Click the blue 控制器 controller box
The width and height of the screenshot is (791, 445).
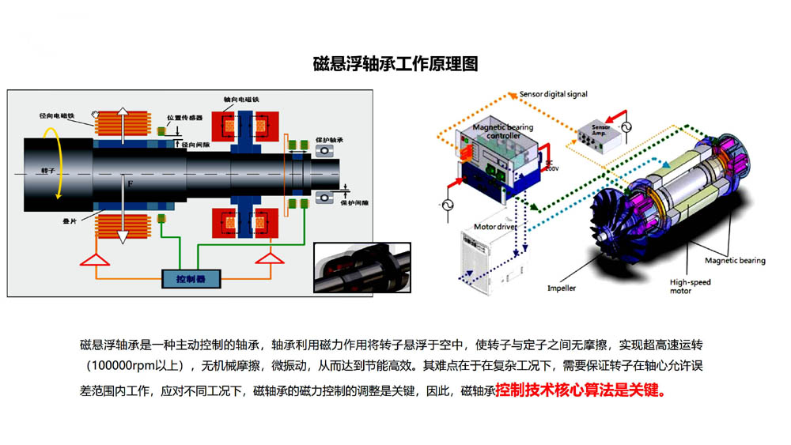coord(192,279)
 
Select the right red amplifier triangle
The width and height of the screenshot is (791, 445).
coord(270,258)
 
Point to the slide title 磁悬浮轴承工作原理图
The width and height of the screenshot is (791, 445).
coord(395,64)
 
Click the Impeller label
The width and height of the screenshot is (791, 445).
coord(562,288)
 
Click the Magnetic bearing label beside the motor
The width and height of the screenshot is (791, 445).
coord(735,260)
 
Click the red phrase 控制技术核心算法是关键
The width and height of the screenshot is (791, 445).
coord(580,390)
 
